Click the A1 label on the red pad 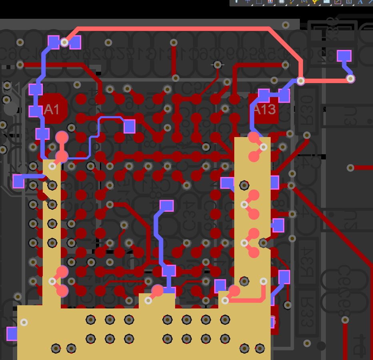click(x=51, y=109)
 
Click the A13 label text click(x=265, y=109)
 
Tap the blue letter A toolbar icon click(x=360, y=2)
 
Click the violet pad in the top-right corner click(x=344, y=56)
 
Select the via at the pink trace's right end click(x=350, y=79)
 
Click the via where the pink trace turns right click(x=301, y=81)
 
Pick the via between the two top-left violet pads click(x=64, y=42)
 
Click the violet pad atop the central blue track click(x=167, y=205)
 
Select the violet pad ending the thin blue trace click(x=129, y=126)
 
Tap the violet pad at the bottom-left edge click(x=12, y=333)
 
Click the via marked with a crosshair click(x=217, y=64)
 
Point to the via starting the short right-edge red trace click(x=351, y=168)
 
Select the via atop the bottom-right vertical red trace click(x=345, y=320)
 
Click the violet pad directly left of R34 click(x=284, y=276)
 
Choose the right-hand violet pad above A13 click(x=284, y=95)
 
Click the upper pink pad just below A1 click(x=62, y=137)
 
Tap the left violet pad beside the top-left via click(x=54, y=42)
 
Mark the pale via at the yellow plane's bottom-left click(x=24, y=322)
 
